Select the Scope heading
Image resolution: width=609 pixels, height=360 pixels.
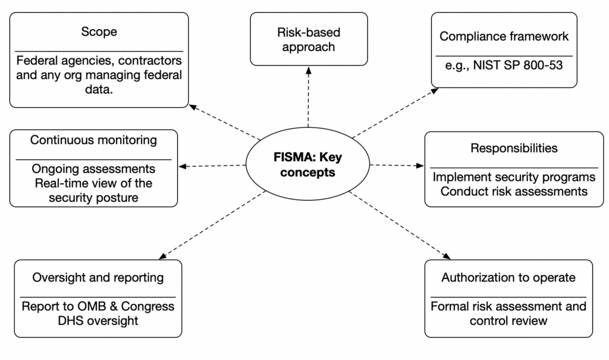[x=99, y=32]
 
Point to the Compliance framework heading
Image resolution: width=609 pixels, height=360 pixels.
[x=504, y=36]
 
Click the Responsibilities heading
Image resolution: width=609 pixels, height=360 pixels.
[x=514, y=148]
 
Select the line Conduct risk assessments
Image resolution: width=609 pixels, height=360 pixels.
[x=514, y=191]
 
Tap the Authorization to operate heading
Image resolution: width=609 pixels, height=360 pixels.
[x=508, y=277]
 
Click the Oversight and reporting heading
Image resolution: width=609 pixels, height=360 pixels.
[x=98, y=277]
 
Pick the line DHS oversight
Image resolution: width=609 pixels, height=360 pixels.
[x=99, y=321]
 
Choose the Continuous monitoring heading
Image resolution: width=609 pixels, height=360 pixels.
[x=94, y=140]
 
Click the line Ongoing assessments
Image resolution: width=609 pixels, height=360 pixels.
[x=94, y=169]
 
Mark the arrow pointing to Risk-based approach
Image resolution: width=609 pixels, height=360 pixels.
[x=308, y=95]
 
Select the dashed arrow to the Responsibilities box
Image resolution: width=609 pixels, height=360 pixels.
[x=395, y=165]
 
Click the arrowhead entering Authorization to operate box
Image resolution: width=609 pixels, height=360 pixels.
[x=447, y=256]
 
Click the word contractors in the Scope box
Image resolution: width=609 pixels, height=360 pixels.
[x=152, y=61]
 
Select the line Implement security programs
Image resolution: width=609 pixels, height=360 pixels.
[x=514, y=177]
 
